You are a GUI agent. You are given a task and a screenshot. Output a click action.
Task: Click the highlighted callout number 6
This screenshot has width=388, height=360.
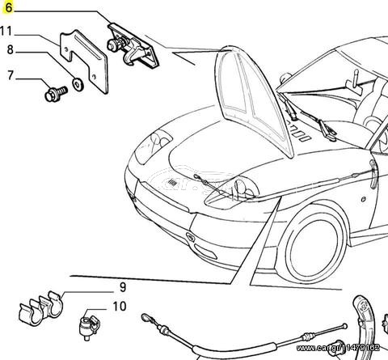[x=9, y=7]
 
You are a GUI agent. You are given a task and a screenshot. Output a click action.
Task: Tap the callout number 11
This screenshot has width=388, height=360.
[x=6, y=32]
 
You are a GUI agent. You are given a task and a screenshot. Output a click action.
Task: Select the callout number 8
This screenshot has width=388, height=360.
[x=10, y=50]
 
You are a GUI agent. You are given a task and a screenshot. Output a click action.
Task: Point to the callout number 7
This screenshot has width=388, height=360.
[x=11, y=75]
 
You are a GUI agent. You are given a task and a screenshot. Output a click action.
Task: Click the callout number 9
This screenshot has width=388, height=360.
[x=123, y=287]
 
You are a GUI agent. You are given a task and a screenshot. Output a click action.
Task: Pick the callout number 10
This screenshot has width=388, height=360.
[x=120, y=307]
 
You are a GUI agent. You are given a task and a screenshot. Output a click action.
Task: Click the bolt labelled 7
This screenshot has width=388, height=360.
[x=56, y=94]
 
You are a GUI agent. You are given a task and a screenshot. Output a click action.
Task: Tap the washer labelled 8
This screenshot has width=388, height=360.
[x=78, y=85]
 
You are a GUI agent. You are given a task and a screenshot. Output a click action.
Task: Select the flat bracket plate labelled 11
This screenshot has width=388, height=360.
[x=84, y=61]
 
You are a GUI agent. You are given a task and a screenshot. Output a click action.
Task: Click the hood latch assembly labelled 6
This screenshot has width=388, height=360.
[x=133, y=46]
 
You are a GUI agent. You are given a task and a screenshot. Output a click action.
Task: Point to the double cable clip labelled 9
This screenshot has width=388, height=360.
[x=41, y=308]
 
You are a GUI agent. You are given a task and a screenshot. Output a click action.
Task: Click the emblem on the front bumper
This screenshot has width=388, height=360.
[x=191, y=237]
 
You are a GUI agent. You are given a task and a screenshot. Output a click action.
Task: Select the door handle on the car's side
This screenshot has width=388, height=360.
[x=373, y=174]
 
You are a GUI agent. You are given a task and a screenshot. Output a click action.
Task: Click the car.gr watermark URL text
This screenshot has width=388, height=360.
[x=338, y=348]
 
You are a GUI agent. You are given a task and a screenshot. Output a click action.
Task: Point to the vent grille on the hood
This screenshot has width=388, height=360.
[x=172, y=183]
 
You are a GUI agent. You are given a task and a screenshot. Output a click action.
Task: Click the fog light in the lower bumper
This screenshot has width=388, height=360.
[x=205, y=251]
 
